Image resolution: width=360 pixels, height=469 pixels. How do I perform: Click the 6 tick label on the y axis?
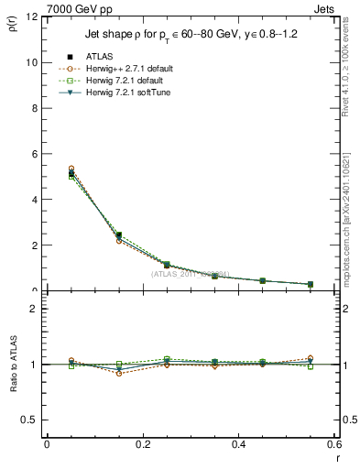click(35, 154)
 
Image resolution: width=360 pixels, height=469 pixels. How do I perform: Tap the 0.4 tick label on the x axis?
click(238, 444)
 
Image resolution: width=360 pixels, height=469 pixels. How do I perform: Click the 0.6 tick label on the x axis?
click(333, 444)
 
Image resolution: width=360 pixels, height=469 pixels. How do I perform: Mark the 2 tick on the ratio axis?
click(35, 309)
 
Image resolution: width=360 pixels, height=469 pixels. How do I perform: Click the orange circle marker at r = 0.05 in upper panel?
click(71, 169)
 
